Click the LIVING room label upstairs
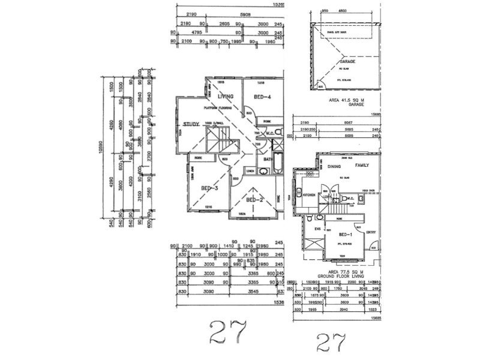[226, 97]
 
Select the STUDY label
[191, 124]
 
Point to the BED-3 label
[208, 188]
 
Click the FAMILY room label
[362, 165]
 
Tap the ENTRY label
[371, 232]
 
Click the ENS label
[317, 229]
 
